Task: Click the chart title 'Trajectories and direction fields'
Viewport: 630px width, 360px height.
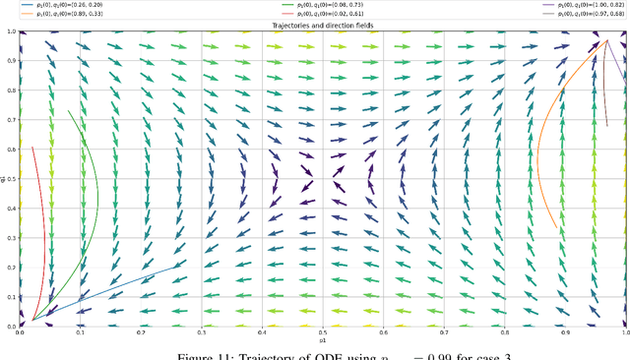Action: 322,26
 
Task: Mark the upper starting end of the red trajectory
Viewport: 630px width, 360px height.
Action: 32,148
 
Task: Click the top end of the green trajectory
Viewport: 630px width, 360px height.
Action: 68,110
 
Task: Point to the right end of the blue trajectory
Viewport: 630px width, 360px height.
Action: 182,267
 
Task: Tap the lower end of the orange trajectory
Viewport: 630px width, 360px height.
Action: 557,228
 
